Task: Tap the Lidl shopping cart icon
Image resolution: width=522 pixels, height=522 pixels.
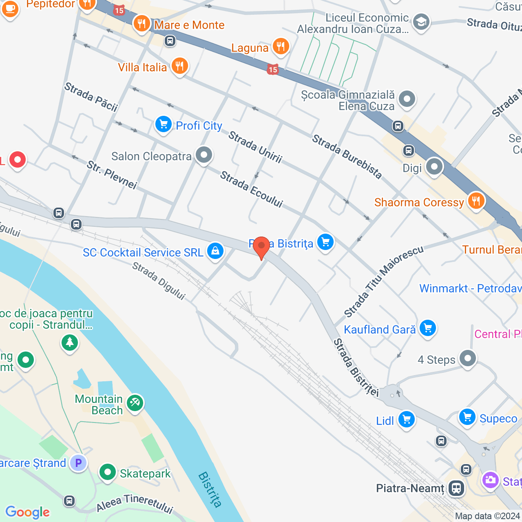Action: pos(406,419)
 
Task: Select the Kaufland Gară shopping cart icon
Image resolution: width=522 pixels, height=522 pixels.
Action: pos(427,328)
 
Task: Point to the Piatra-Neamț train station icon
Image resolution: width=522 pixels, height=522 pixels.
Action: pos(456,488)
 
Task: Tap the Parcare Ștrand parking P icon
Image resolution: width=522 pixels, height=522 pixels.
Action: pos(78,463)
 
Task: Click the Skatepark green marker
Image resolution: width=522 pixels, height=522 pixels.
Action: pos(108,472)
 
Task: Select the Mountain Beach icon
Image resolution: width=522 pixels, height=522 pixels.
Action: pos(135,403)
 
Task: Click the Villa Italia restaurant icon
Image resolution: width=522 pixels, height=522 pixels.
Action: pos(179,66)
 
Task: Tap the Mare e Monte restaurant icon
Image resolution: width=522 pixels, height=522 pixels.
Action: pos(142,24)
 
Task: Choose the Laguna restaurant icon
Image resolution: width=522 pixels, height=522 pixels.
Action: pos(281,46)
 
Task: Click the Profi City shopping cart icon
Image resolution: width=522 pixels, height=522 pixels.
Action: pos(164,124)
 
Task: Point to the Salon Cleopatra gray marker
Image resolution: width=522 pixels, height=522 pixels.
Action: pos(203,155)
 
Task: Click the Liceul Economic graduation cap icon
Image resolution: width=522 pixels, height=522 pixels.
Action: pos(421,22)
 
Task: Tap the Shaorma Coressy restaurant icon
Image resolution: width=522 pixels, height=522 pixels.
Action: pos(476,201)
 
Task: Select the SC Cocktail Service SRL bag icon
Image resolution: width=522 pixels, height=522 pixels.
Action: pos(215,251)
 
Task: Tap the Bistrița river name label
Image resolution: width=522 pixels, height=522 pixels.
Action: pos(210,489)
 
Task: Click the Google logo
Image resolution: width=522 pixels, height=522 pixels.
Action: pos(28,512)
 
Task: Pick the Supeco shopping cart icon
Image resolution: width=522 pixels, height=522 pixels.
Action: pos(467,417)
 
